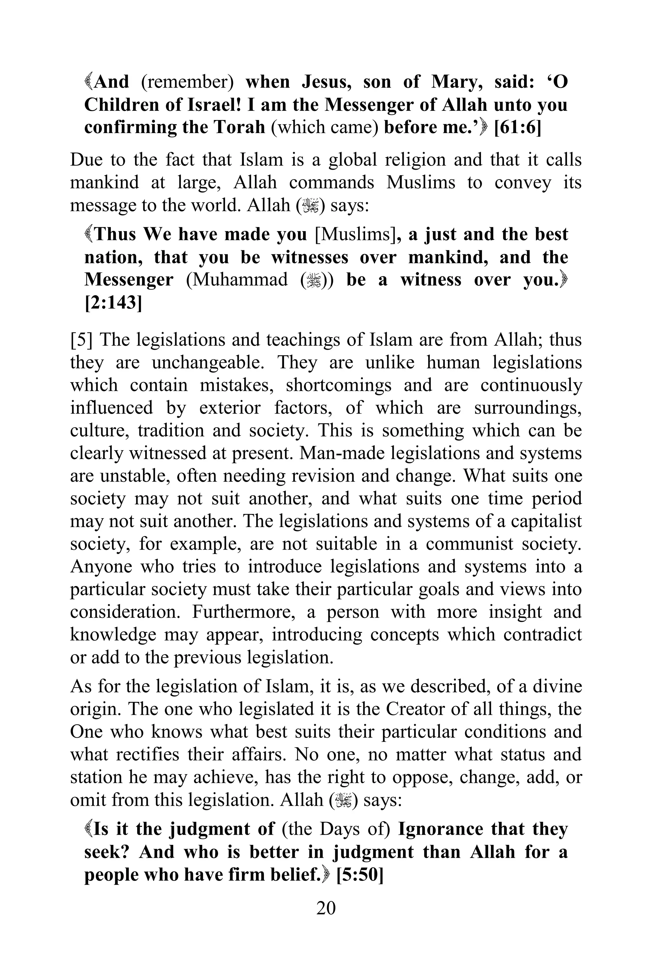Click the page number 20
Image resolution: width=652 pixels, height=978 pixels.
tap(326, 908)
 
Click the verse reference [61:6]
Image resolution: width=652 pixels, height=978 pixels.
tap(517, 127)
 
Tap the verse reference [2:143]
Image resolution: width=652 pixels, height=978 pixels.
tap(113, 303)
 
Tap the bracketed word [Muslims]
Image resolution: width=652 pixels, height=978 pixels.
tap(355, 235)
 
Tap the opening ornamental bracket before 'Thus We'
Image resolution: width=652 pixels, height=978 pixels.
tap(89, 235)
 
